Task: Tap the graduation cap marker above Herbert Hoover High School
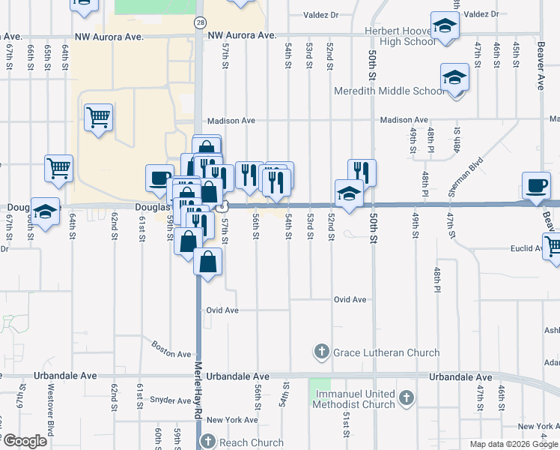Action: click(x=445, y=28)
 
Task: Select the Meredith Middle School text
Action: click(x=388, y=91)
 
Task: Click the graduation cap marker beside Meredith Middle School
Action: click(x=454, y=79)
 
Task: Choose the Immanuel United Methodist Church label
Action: click(x=355, y=399)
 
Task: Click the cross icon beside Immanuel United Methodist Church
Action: click(x=406, y=397)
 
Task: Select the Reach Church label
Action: click(x=246, y=442)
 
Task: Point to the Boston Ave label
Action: click(x=171, y=349)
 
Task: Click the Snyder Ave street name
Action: click(x=167, y=400)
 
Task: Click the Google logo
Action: click(x=24, y=441)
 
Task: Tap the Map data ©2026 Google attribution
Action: click(x=514, y=444)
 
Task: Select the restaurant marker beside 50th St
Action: click(x=362, y=172)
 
